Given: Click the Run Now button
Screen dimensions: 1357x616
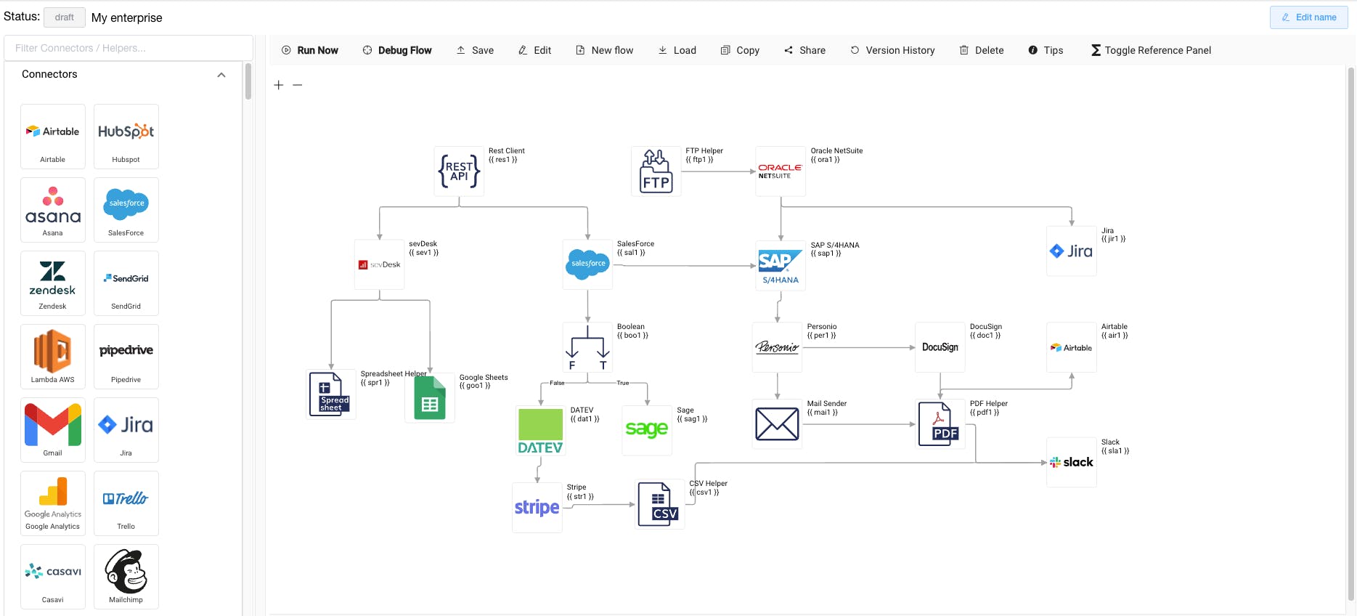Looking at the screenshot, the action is click(x=310, y=50).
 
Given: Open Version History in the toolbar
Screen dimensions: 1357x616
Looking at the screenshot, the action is click(x=892, y=50).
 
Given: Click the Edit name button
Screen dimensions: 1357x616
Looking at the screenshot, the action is click(x=1308, y=17).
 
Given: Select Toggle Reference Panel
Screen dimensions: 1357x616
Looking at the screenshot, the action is click(x=1151, y=50).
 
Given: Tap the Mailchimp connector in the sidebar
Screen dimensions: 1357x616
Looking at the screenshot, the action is click(x=126, y=577).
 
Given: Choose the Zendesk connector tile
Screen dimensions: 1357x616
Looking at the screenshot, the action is click(x=52, y=283).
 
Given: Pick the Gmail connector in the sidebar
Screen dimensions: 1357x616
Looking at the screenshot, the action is click(x=52, y=430).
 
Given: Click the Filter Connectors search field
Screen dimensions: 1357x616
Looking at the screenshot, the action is click(x=129, y=48).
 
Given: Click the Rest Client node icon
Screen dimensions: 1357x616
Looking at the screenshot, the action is click(x=459, y=171).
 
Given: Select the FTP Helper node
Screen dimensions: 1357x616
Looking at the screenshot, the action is click(x=656, y=171).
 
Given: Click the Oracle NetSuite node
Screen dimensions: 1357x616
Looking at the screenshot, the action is click(x=781, y=171).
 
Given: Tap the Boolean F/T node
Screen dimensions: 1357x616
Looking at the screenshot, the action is click(x=588, y=348).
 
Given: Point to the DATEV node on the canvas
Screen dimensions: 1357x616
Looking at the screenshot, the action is click(x=540, y=431).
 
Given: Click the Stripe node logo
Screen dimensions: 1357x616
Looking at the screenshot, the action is click(x=537, y=508).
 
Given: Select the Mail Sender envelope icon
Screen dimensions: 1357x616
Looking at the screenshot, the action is click(x=777, y=424).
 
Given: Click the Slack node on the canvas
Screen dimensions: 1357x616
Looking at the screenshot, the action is click(x=1072, y=462).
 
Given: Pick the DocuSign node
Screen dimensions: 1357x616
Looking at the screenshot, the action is click(x=940, y=347).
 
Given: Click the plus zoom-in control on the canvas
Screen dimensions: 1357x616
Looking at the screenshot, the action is click(x=279, y=85).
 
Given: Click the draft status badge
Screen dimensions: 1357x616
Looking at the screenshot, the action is click(x=65, y=17).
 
